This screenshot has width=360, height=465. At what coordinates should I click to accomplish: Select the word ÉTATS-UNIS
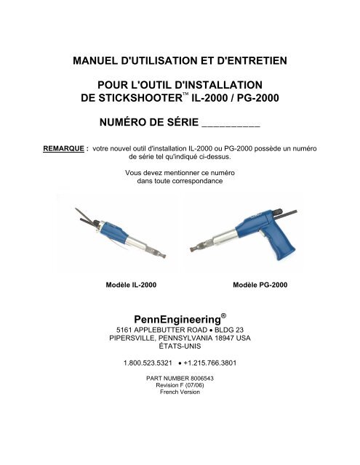[x=179, y=347]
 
